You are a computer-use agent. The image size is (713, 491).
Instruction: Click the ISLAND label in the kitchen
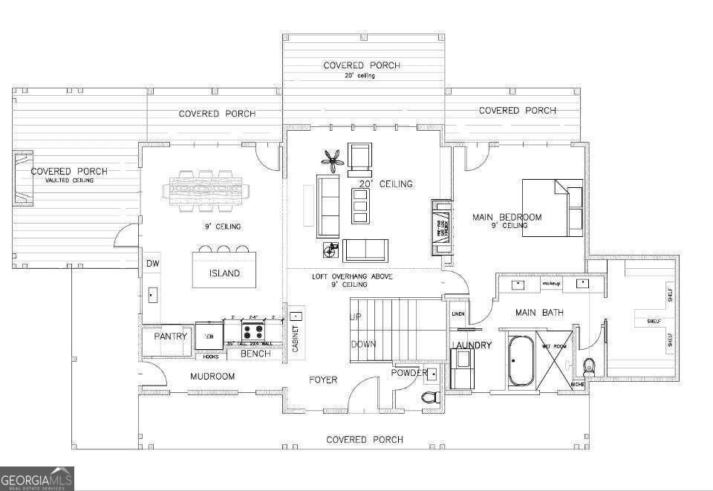tap(224, 273)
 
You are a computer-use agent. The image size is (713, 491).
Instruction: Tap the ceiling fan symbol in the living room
tap(333, 160)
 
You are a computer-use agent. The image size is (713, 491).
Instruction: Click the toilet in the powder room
tap(429, 397)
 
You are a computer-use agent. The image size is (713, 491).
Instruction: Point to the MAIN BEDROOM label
tap(507, 218)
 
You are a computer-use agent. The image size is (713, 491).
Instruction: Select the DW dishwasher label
tap(152, 264)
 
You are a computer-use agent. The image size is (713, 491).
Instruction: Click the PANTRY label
tap(169, 336)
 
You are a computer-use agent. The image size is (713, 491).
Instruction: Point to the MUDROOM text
tap(212, 377)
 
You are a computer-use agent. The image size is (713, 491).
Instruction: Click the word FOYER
tap(323, 380)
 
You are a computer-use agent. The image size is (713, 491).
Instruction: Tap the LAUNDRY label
tap(471, 345)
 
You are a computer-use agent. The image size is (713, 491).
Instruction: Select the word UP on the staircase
tap(356, 316)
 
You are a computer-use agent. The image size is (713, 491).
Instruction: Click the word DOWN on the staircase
tap(363, 344)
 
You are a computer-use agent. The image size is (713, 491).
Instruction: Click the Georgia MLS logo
tap(37, 479)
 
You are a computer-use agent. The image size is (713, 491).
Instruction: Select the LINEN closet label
tap(458, 314)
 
